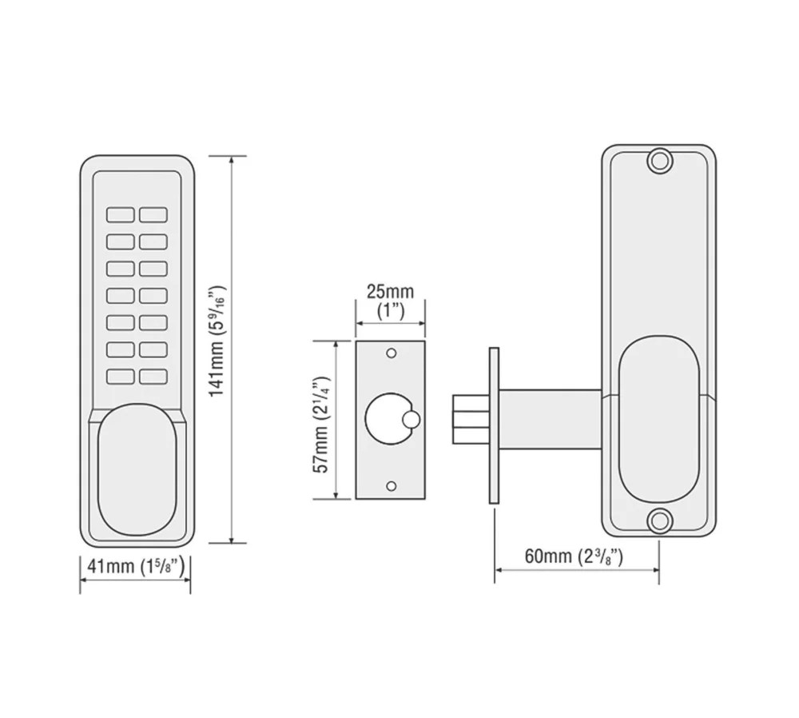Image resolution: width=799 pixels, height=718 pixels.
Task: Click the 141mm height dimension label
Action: tap(217, 340)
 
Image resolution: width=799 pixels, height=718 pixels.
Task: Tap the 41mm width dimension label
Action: tap(136, 567)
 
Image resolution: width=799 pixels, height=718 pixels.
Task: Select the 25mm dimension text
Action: tap(391, 292)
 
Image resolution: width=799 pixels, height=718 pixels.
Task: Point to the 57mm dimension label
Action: tap(322, 424)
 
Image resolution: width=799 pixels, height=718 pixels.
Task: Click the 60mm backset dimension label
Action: tap(574, 556)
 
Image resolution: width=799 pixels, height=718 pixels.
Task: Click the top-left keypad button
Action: tap(121, 215)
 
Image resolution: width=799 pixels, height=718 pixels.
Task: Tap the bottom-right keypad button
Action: tap(153, 377)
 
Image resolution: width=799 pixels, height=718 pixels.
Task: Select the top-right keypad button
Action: tap(153, 215)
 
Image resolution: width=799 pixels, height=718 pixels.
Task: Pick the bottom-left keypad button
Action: tap(121, 377)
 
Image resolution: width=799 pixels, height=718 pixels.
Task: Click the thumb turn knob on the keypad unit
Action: tap(137, 469)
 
